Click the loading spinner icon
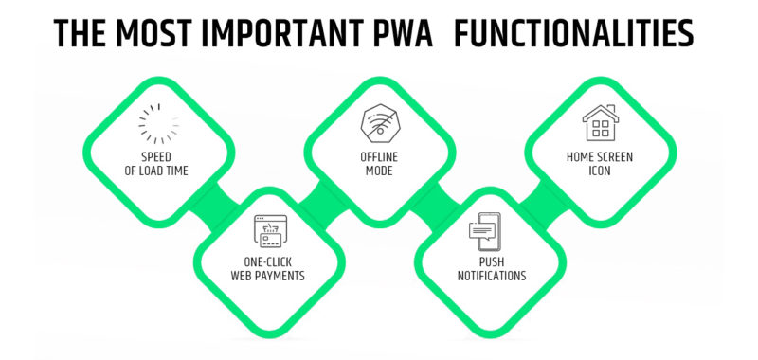157,123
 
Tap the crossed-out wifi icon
379,123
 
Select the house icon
600,123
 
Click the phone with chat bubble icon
489,231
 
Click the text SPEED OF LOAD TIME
157,163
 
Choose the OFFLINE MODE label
379,163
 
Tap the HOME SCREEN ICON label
600,163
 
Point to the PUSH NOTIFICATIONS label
489,270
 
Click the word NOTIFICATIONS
489,277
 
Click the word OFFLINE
379,156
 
